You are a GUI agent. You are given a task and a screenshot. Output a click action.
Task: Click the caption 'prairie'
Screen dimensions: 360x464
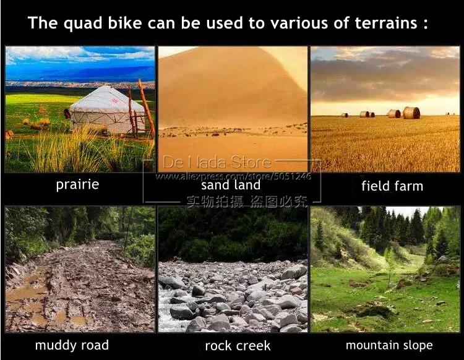(77, 184)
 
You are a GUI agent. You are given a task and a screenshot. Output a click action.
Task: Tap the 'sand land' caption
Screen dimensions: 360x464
(231, 185)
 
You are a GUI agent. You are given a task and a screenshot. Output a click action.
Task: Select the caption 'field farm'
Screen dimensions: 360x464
(392, 186)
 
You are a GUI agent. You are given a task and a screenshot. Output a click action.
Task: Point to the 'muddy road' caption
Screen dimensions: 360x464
(72, 345)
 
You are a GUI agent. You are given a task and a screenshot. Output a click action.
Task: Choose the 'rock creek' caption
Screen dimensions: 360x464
(238, 345)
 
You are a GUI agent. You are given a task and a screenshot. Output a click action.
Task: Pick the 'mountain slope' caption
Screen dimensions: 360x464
(389, 345)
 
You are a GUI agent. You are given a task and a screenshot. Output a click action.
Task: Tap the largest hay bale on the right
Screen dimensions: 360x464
(411, 113)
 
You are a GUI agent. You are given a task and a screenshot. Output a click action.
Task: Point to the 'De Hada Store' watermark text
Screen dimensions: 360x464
(217, 163)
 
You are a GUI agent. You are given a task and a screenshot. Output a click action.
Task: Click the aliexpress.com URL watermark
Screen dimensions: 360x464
(233, 176)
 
